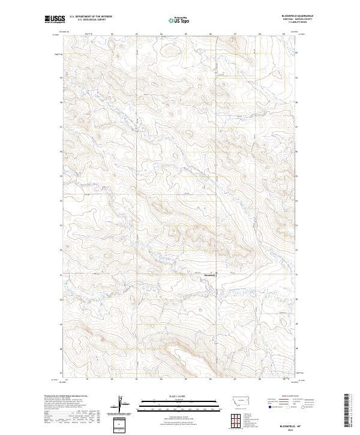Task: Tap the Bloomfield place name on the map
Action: pyautogui.click(x=210, y=275)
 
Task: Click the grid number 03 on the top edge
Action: pyautogui.click(x=137, y=34)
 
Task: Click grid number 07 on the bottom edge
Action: pyautogui.click(x=235, y=379)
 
